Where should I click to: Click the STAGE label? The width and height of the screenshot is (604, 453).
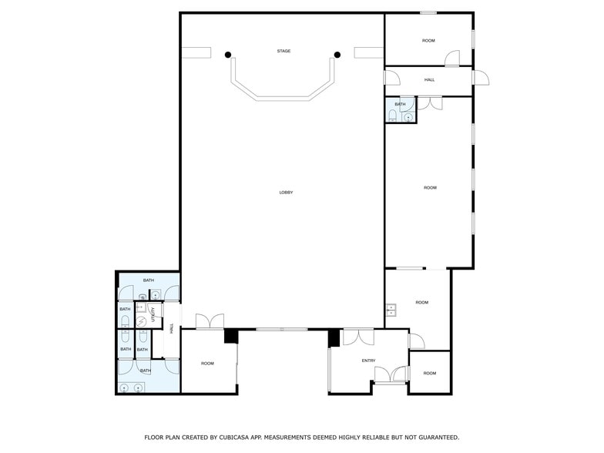[284, 52]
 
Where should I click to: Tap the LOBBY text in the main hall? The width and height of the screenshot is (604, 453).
[286, 193]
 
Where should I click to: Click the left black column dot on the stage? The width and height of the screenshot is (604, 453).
[228, 54]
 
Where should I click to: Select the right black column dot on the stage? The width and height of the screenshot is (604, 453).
[337, 54]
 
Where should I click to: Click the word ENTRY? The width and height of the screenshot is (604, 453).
[368, 361]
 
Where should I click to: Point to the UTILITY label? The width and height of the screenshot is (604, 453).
[153, 314]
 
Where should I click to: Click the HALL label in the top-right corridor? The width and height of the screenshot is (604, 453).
[429, 79]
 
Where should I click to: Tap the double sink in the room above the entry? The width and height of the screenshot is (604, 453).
[391, 310]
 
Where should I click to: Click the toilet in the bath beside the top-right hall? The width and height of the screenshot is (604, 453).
[393, 116]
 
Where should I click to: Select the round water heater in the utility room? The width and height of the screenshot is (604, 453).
[141, 322]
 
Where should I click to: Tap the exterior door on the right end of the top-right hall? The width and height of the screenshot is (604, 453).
[481, 77]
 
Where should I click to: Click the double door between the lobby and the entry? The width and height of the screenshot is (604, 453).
[357, 337]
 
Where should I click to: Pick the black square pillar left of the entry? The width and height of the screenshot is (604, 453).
[334, 337]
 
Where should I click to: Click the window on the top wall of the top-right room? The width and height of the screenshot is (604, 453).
[428, 12]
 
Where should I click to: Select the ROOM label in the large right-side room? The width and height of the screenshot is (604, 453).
[429, 188]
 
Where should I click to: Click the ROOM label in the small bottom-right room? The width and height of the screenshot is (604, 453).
[429, 374]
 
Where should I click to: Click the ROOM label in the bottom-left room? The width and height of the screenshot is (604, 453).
[207, 364]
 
